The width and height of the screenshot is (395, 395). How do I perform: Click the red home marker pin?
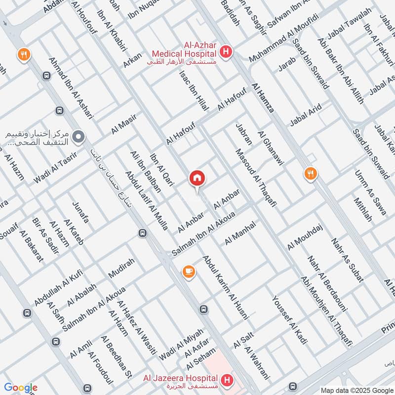(x=197, y=178)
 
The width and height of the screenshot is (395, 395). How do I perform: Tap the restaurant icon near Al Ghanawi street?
(x=311, y=173)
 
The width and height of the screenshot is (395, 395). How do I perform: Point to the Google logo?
(x=21, y=388)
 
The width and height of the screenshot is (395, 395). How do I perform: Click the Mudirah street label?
(x=121, y=270)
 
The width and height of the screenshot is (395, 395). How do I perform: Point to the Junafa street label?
(x=80, y=212)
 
